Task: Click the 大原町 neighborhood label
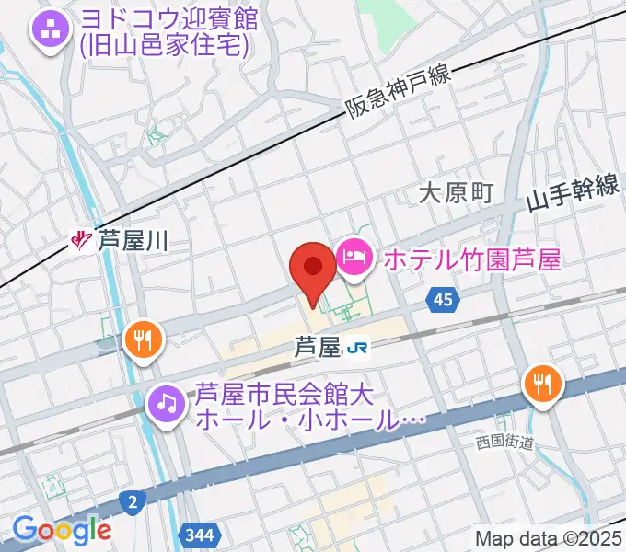click(456, 192)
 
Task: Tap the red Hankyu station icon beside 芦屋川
click(83, 242)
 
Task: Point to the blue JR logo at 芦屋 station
click(357, 348)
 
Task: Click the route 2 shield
click(133, 501)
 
